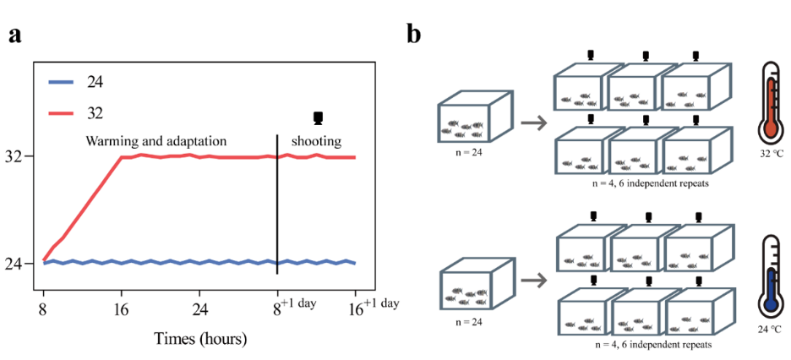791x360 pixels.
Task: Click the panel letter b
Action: click(x=414, y=34)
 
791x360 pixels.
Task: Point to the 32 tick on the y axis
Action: click(x=19, y=156)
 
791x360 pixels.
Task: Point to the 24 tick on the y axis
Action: click(x=19, y=263)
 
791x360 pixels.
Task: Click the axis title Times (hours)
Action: click(x=200, y=339)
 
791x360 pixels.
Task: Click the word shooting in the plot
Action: click(x=317, y=141)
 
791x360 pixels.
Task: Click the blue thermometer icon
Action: click(x=772, y=279)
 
